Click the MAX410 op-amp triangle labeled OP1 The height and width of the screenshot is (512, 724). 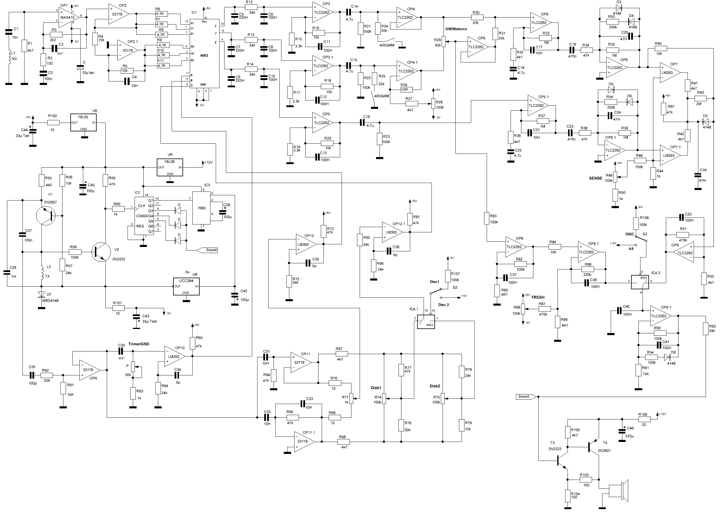click(x=69, y=16)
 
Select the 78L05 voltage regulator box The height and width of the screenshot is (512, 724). click(x=83, y=123)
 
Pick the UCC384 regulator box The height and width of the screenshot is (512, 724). click(x=186, y=287)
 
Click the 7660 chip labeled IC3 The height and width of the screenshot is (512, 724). click(x=201, y=208)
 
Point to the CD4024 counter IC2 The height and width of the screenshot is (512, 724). click(x=144, y=216)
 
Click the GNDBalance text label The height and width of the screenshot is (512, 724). click(x=456, y=29)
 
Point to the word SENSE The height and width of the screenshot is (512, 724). click(x=595, y=178)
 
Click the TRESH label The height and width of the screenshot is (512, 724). click(x=538, y=297)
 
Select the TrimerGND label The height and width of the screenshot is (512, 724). click(x=139, y=344)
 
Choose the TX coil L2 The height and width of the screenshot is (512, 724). click(x=42, y=273)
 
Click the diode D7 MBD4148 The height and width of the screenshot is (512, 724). click(x=41, y=295)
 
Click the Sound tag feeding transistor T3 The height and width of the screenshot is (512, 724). click(x=525, y=397)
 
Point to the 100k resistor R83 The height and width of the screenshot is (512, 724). click(x=487, y=218)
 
